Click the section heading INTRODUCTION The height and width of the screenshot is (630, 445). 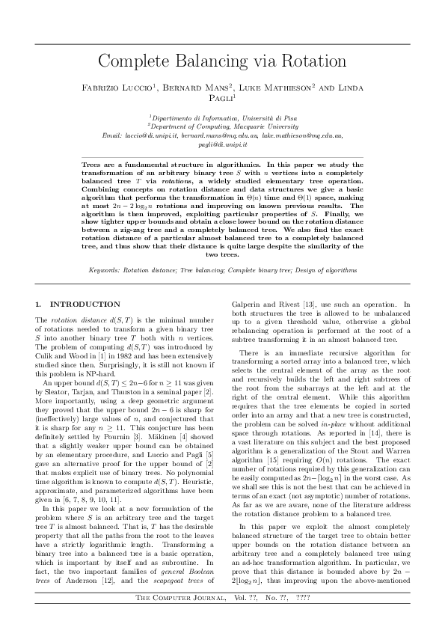[85, 305]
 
